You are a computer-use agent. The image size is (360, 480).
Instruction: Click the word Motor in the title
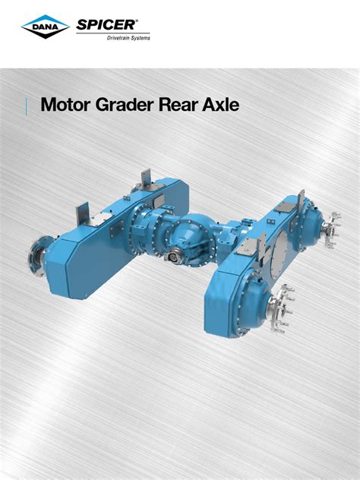pos(66,104)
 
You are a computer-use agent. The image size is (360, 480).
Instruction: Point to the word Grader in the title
pos(128,104)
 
